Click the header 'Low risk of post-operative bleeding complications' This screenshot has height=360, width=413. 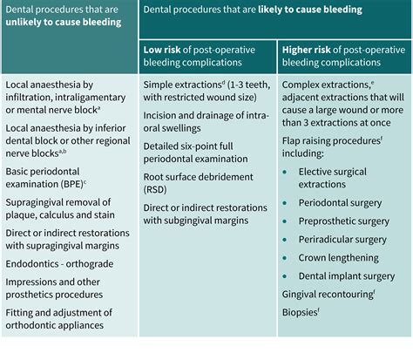[206, 56]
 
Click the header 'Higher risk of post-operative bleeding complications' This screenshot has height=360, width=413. [343, 56]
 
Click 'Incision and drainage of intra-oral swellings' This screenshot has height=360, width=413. [205, 121]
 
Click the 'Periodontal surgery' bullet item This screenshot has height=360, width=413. [340, 202]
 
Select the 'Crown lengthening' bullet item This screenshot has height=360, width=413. [336, 258]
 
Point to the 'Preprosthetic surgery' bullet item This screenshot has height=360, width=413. [341, 221]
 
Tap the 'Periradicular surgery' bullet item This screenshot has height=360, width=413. [341, 239]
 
